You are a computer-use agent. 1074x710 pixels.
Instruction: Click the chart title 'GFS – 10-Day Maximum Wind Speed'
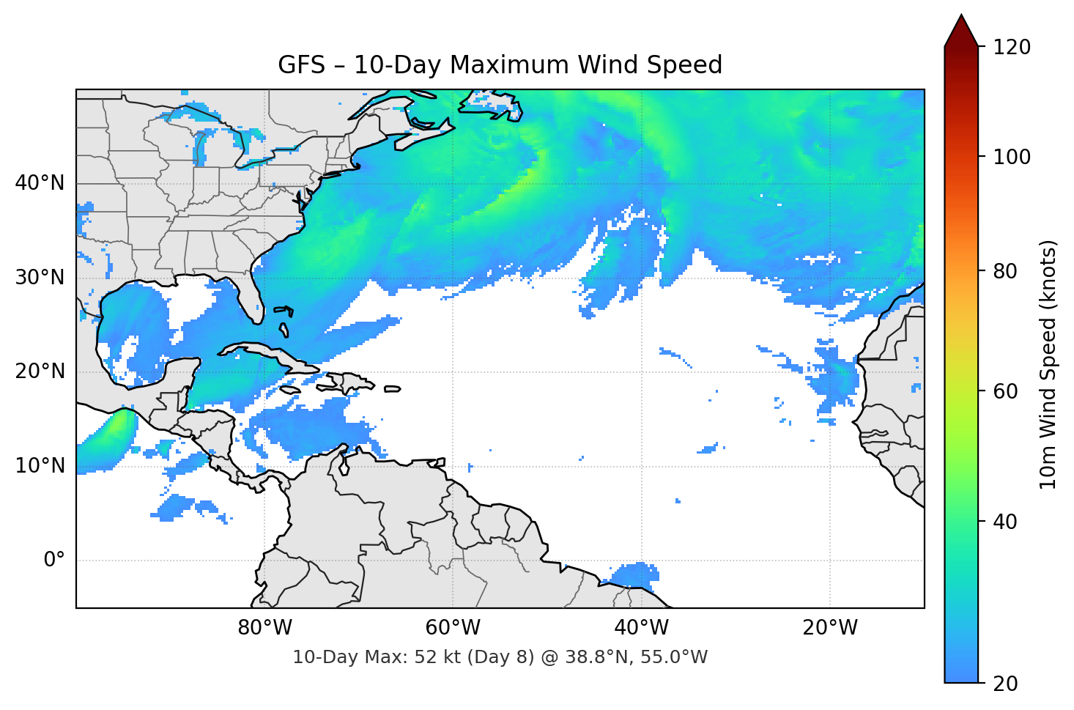(500, 65)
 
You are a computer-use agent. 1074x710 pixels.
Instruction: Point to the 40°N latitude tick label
(40, 183)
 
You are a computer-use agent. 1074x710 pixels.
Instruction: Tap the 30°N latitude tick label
(40, 278)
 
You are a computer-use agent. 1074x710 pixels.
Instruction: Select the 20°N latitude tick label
(40, 371)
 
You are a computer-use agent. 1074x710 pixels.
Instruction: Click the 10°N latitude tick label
(40, 466)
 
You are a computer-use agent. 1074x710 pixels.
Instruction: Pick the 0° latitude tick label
(53, 561)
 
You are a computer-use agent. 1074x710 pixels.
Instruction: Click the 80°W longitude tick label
(264, 628)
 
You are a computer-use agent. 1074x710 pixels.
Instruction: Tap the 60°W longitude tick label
(453, 628)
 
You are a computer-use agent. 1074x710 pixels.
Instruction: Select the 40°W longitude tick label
(641, 628)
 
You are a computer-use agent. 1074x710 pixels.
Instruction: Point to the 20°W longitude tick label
(829, 628)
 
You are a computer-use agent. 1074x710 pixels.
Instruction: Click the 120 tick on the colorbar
(1012, 48)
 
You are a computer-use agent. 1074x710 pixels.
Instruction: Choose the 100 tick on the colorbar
(1012, 157)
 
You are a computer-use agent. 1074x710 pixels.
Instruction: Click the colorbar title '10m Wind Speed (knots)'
(1048, 364)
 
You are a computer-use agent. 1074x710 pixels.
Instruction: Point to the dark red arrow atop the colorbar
(961, 32)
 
